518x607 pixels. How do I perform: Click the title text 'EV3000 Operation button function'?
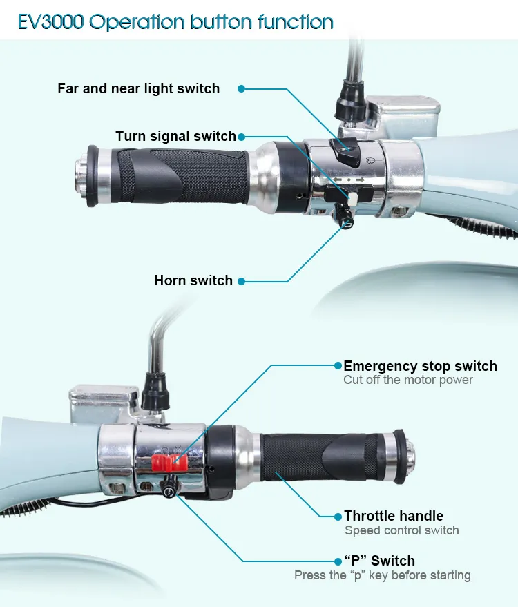point(175,21)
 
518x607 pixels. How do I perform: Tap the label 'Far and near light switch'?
point(139,88)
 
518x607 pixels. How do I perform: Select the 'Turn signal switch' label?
point(175,136)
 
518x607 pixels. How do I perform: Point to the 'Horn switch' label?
point(193,280)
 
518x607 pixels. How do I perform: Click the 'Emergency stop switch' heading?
point(420,366)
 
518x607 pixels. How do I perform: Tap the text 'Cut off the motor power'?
point(408,380)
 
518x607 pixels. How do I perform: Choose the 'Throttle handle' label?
point(394,516)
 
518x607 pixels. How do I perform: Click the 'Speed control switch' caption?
point(402,530)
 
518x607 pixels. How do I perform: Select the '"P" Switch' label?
point(379,561)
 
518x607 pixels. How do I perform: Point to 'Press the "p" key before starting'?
point(383,575)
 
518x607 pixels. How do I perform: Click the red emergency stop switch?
point(169,463)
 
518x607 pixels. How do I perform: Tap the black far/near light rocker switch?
point(345,152)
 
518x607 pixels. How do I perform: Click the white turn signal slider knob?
point(353,200)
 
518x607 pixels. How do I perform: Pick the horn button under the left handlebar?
point(344,217)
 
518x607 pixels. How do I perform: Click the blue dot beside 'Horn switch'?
point(241,281)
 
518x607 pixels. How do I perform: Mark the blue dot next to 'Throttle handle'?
point(338,517)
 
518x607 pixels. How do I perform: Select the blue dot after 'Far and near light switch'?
point(241,88)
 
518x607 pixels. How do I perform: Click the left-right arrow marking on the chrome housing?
point(349,180)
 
